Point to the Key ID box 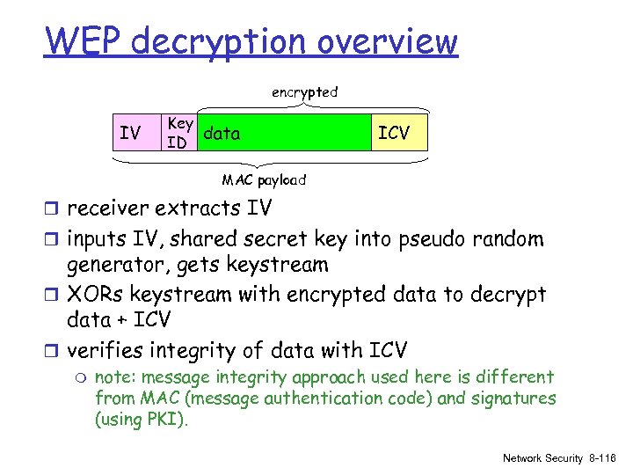point(180,132)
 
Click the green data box point(281,132)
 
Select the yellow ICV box point(393,133)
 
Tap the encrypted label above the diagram point(304,91)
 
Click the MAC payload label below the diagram point(264,180)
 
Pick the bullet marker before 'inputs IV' point(55,239)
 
